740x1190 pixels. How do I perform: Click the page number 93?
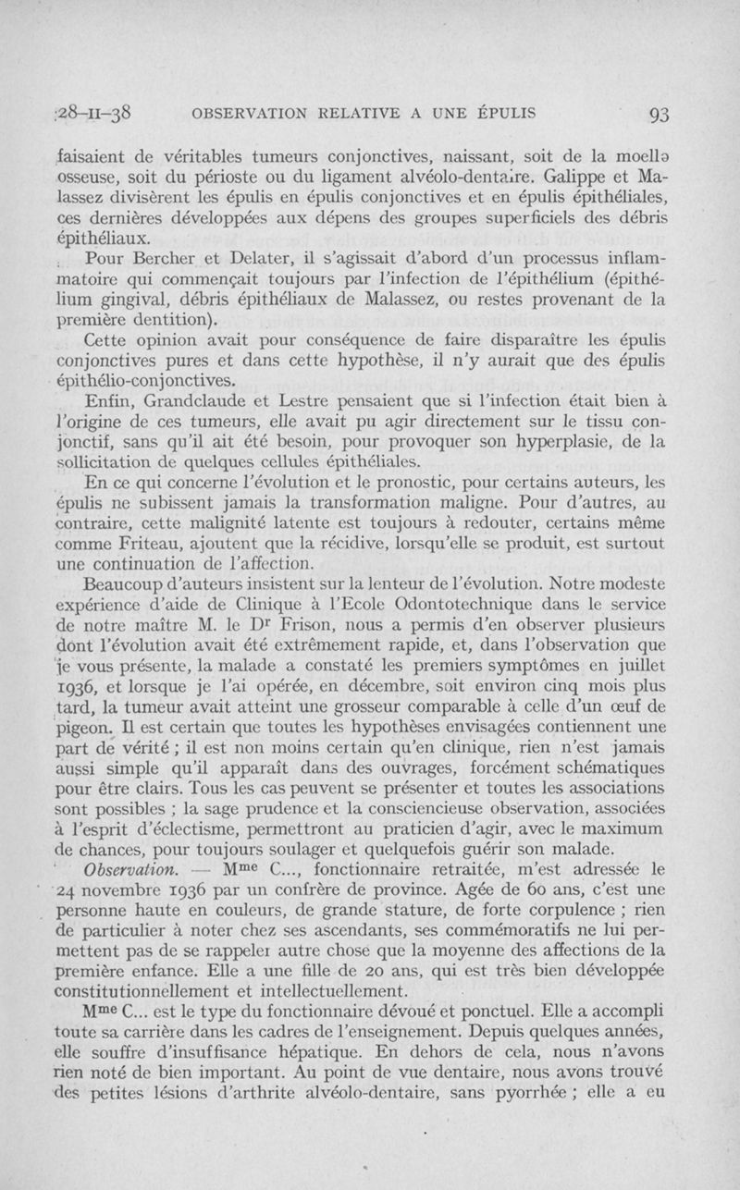[x=659, y=115]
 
